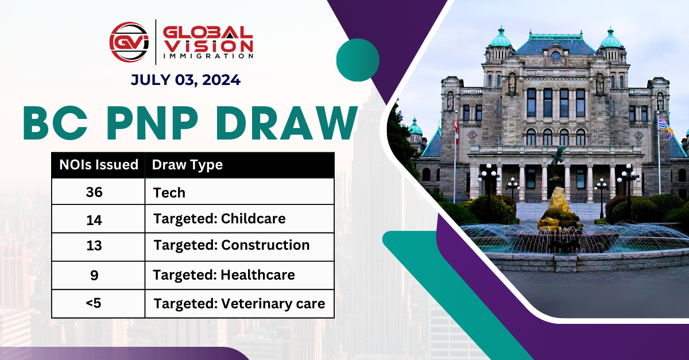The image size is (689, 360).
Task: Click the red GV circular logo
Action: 129,41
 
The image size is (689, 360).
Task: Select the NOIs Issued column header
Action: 99,165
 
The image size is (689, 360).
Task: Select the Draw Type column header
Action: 187,165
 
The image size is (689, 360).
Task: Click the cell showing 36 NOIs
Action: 94,192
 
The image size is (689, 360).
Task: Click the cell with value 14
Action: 94,219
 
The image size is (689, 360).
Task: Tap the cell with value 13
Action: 94,246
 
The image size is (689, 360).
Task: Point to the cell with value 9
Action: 94,275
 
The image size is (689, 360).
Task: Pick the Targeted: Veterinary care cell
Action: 239,303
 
